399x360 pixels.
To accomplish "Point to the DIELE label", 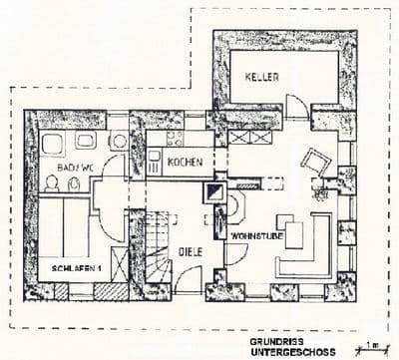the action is [191, 252].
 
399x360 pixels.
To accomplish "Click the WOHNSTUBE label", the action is [252, 237].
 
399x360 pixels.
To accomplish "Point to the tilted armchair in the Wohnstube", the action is [316, 161].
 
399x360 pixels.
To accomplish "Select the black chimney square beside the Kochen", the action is [214, 191].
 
